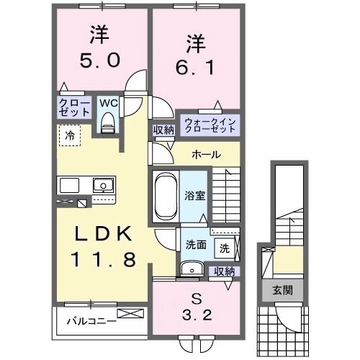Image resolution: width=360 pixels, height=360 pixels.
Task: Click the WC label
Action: (x=107, y=103)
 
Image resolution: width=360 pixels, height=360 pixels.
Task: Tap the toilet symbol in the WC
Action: (x=109, y=125)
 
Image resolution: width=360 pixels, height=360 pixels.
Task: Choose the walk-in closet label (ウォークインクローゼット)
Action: (x=209, y=125)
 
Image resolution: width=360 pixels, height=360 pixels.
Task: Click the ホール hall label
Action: (x=206, y=155)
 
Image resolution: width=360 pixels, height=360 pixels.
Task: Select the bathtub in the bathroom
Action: (x=166, y=195)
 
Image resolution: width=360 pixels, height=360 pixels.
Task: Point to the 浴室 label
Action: (x=194, y=195)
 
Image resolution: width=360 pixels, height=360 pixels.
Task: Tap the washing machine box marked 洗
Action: (x=225, y=248)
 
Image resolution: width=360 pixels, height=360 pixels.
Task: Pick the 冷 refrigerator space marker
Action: (x=70, y=134)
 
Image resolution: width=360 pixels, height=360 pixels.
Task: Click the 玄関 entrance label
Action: (x=282, y=290)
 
